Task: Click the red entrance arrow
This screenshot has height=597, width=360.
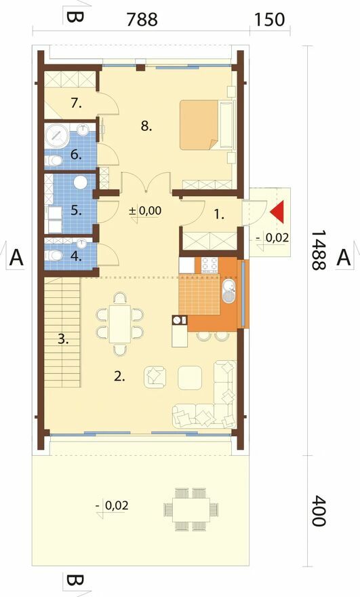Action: tap(278, 211)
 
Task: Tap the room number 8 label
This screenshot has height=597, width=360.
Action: tap(146, 126)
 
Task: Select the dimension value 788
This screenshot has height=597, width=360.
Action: tap(142, 20)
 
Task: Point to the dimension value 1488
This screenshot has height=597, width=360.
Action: tap(318, 250)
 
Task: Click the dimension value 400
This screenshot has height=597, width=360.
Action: tap(318, 511)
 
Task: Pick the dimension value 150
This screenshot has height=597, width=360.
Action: tap(269, 20)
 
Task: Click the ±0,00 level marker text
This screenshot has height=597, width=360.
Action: tap(145, 210)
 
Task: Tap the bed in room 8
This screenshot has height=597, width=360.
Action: tap(207, 125)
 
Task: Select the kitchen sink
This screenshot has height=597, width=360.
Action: tap(229, 291)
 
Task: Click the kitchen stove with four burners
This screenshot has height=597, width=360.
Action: tap(209, 265)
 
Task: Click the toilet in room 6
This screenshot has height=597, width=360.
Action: tap(54, 161)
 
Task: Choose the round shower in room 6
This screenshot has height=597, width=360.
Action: tap(57, 135)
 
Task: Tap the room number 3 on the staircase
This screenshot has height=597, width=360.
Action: tap(63, 339)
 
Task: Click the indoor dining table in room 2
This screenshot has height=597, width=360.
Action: tap(120, 324)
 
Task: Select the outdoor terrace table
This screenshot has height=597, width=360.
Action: tap(191, 509)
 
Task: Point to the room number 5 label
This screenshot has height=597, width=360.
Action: tap(76, 210)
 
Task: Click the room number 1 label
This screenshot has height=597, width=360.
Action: tap(218, 215)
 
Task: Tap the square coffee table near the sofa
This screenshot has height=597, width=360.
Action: tap(190, 378)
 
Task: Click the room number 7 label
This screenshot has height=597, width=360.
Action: tap(76, 103)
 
